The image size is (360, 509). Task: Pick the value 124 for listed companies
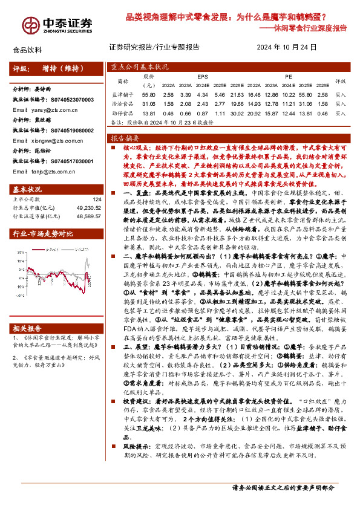[97, 199]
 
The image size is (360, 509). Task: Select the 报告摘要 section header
[125, 138]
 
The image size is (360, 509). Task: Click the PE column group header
[289, 77]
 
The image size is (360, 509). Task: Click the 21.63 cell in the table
[237, 95]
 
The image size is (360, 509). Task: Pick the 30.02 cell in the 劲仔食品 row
[237, 113]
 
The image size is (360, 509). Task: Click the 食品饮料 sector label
[27, 50]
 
